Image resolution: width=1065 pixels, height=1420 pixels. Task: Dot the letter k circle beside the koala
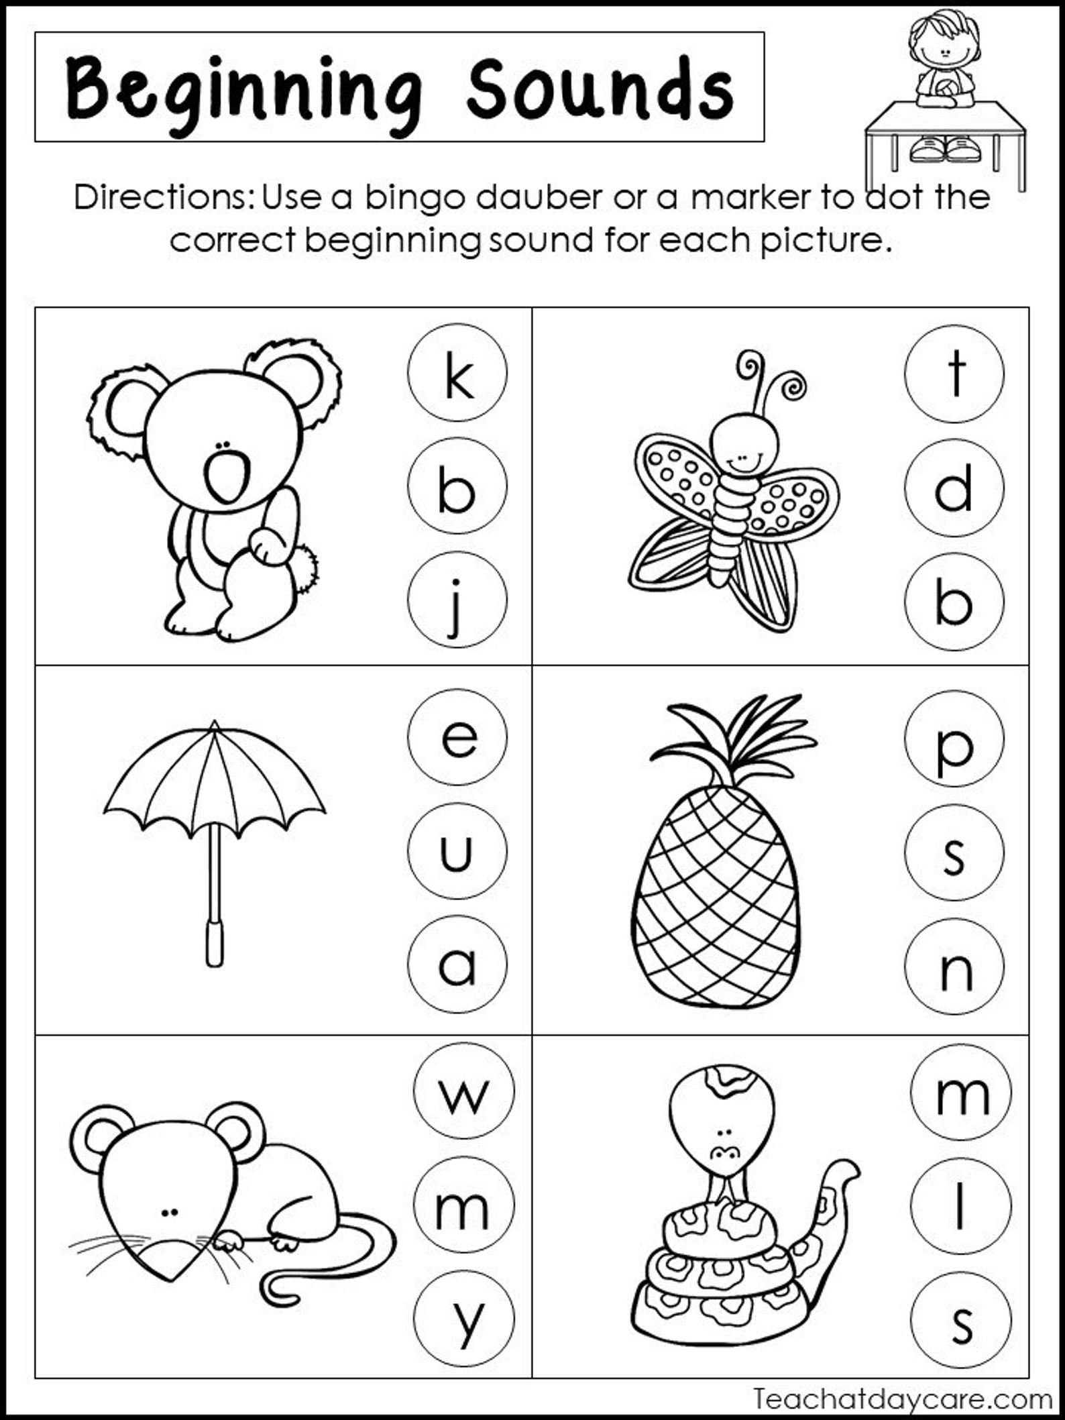(457, 373)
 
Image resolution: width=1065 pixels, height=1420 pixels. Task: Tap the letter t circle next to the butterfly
(954, 374)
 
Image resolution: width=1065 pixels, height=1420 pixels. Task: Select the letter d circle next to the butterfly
(954, 488)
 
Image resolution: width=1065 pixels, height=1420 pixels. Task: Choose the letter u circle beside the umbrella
(457, 851)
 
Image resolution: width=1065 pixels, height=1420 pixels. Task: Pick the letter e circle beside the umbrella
(457, 737)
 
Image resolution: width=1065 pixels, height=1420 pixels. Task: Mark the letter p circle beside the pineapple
(954, 738)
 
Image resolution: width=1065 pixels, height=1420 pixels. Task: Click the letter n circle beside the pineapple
(954, 966)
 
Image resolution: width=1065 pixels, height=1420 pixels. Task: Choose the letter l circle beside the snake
(960, 1206)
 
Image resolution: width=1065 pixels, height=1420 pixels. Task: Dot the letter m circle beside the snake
(960, 1093)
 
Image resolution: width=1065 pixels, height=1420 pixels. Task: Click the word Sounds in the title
(600, 89)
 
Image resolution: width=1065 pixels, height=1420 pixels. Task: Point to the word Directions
(164, 198)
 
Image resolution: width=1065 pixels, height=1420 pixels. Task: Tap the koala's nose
(227, 477)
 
